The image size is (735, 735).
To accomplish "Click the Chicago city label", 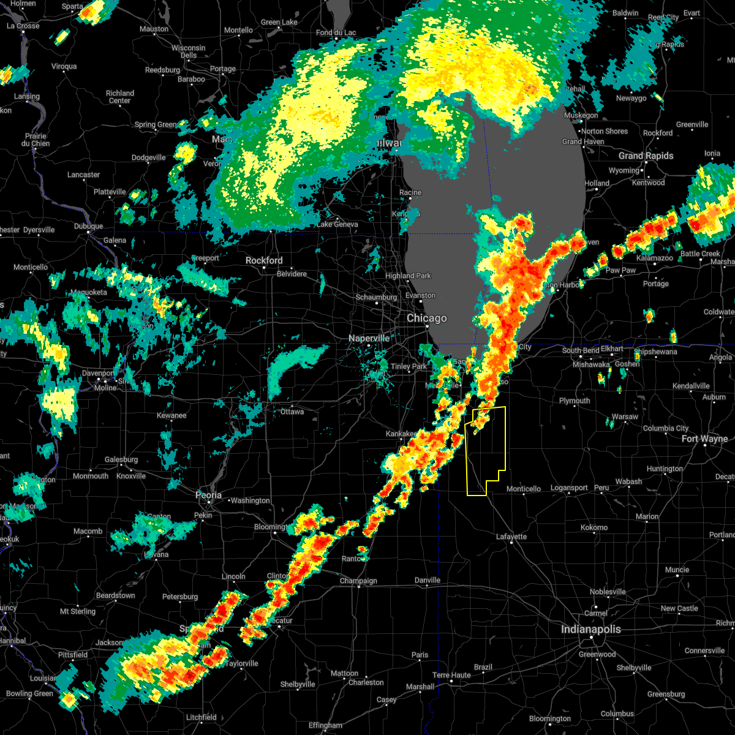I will click(427, 318).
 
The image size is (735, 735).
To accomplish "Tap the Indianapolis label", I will click(591, 630).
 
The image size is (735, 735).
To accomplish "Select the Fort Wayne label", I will click(704, 439).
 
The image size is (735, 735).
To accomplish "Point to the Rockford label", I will click(264, 260).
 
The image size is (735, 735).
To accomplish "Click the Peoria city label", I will click(209, 495).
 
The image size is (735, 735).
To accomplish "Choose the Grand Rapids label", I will click(646, 156).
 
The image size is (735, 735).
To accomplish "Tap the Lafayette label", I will click(511, 537).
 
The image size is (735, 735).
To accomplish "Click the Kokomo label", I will click(594, 527).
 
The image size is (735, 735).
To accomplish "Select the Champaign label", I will click(359, 581).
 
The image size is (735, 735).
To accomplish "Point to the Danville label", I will click(428, 580).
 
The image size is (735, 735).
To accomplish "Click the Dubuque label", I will click(89, 227).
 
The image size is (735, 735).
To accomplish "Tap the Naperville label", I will click(369, 338).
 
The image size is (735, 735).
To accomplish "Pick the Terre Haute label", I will click(451, 675).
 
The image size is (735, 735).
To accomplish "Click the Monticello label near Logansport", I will click(524, 489).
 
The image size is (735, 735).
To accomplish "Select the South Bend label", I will click(579, 350).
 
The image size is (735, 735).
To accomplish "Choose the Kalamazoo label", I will click(654, 258).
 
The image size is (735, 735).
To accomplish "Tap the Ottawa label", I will click(292, 412).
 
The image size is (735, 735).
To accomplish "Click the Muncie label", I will click(677, 570).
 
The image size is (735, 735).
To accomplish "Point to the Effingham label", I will click(325, 726).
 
